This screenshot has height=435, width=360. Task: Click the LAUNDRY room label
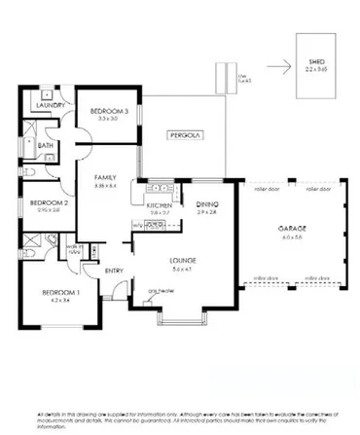click(50, 104)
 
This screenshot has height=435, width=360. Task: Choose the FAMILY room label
click(105, 178)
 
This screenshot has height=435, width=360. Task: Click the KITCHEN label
click(159, 205)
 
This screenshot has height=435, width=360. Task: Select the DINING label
click(207, 203)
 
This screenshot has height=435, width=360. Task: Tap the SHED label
click(315, 60)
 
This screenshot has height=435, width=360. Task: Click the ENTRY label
click(114, 271)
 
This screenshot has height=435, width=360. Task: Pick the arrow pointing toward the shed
click(279, 68)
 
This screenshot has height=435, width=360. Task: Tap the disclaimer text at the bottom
click(180, 419)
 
